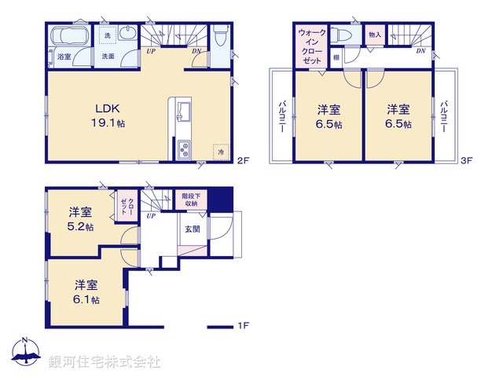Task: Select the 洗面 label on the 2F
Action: click(108, 57)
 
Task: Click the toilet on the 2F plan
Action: click(221, 35)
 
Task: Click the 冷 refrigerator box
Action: click(221, 152)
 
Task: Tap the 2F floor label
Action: click(242, 161)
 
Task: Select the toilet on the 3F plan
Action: click(341, 36)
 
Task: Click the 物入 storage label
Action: click(374, 35)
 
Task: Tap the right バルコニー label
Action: click(444, 117)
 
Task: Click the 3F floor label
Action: click(465, 161)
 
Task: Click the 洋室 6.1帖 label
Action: click(86, 291)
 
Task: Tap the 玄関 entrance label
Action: click(192, 229)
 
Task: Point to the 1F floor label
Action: click(243, 326)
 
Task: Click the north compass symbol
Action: click(25, 351)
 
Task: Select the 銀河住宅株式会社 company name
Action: click(104, 362)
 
